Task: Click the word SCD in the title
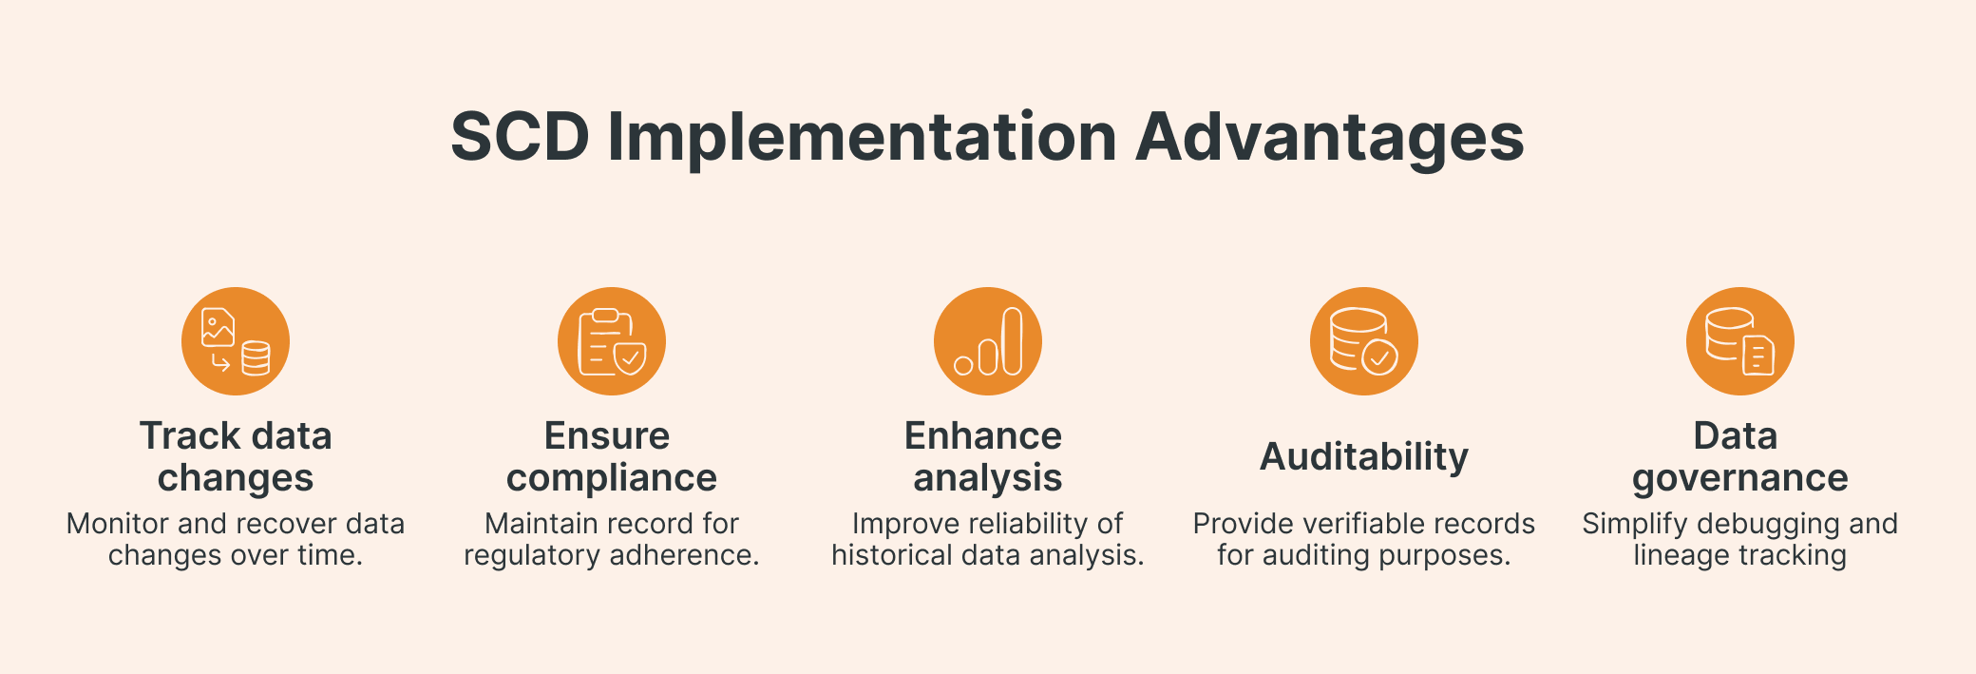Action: click(520, 138)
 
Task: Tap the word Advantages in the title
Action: click(1329, 138)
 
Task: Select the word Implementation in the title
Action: click(862, 138)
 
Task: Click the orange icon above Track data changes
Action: click(236, 341)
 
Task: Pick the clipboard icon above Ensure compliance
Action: click(612, 341)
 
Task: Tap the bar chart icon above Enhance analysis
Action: click(988, 341)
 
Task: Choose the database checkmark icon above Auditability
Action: click(1364, 341)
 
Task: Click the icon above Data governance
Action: click(1740, 341)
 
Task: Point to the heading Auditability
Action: click(1364, 457)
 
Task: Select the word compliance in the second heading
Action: click(612, 478)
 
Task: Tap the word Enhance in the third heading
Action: click(983, 436)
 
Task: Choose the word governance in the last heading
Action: click(1740, 478)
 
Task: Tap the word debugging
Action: click(1768, 524)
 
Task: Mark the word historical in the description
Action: click(892, 555)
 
